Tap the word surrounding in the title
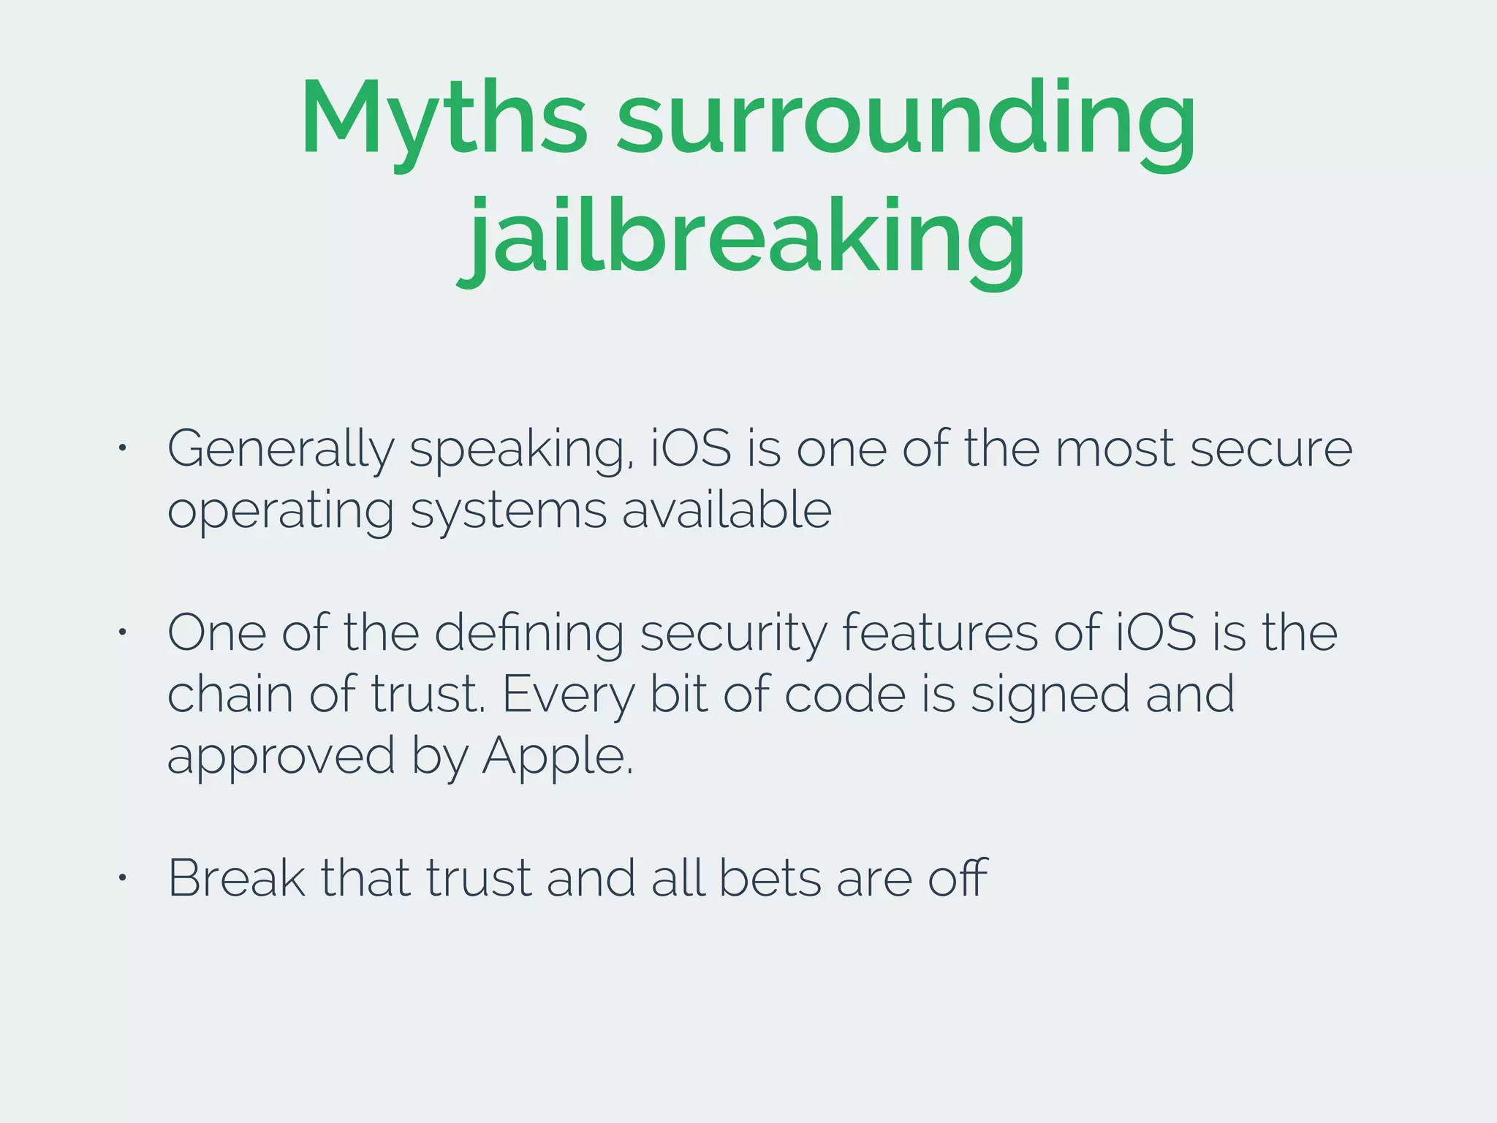[906, 121]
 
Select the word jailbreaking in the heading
[742, 238]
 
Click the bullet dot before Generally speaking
[123, 447]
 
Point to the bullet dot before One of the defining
[123, 632]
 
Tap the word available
[727, 510]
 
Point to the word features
[940, 632]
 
